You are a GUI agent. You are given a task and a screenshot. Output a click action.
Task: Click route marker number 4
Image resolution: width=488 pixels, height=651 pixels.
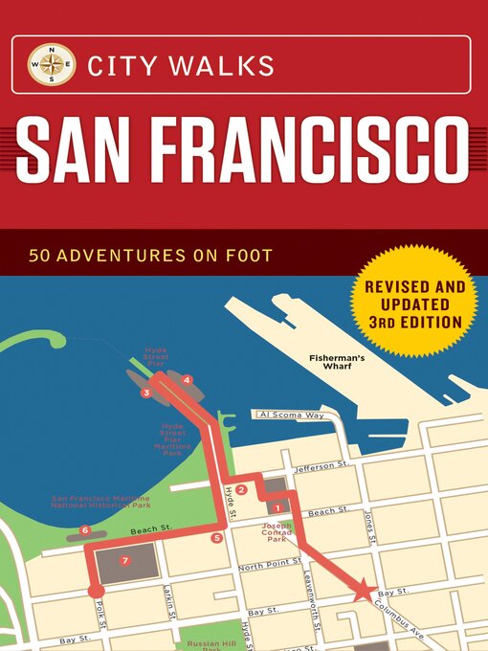point(187,381)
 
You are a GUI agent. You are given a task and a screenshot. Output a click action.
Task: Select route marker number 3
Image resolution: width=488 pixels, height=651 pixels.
point(145,393)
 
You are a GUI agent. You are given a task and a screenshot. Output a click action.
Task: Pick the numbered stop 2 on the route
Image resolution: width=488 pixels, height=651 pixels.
point(242,490)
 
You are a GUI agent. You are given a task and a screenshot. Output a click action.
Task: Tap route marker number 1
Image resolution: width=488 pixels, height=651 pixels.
point(277,507)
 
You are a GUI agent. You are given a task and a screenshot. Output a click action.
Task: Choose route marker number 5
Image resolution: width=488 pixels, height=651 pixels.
point(217,538)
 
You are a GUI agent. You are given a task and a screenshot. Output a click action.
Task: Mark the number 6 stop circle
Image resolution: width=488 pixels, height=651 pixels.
point(85,530)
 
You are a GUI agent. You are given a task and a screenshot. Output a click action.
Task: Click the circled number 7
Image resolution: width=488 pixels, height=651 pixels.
point(125,559)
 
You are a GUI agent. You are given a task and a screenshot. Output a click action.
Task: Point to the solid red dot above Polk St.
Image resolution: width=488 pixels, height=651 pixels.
point(96,591)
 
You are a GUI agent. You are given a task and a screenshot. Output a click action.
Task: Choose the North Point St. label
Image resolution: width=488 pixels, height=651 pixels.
point(264,567)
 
